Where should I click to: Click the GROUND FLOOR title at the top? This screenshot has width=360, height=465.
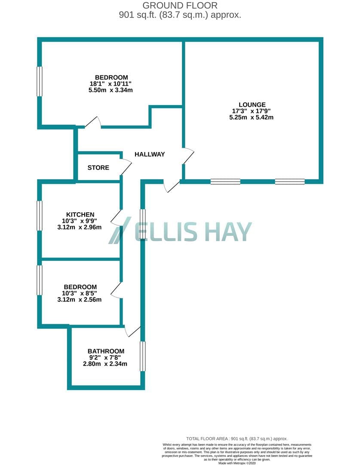(x=180, y=5)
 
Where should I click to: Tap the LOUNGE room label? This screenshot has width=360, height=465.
(x=252, y=105)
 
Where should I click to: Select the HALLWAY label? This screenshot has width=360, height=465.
(x=150, y=154)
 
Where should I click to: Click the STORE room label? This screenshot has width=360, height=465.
(x=98, y=167)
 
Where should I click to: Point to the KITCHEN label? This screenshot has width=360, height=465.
(x=80, y=214)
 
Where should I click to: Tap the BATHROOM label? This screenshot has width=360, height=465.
(x=106, y=351)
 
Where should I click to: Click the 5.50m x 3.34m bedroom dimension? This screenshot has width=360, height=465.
(x=111, y=90)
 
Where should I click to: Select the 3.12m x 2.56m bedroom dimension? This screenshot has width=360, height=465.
(x=80, y=300)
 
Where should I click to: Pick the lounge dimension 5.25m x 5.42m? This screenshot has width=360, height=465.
(x=251, y=117)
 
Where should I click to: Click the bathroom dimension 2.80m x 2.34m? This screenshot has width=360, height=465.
(x=105, y=363)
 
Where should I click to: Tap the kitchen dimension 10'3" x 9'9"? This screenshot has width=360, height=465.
(x=80, y=220)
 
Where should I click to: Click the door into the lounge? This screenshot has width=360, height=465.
(x=188, y=156)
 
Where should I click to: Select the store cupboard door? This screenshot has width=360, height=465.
(x=126, y=167)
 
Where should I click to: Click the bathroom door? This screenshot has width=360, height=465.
(x=132, y=331)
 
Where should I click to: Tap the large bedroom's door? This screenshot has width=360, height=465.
(x=93, y=122)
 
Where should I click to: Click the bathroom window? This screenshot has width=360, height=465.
(x=142, y=356)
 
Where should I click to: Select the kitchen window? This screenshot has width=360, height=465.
(x=40, y=216)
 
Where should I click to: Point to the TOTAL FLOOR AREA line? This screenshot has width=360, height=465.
(x=237, y=439)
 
